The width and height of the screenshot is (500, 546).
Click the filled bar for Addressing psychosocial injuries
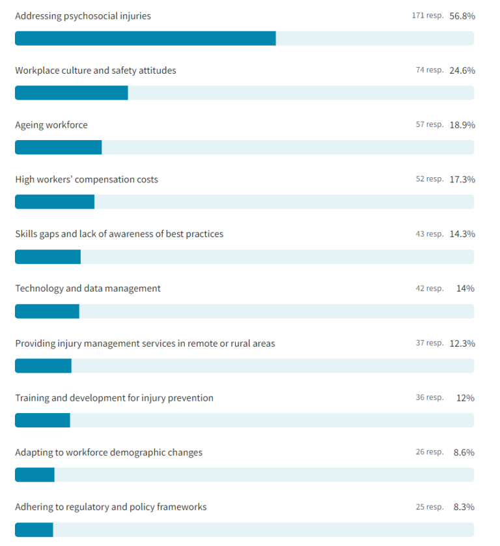click(x=145, y=38)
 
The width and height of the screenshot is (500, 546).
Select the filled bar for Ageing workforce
click(x=58, y=147)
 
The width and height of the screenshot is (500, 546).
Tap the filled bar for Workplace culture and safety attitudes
click(x=71, y=93)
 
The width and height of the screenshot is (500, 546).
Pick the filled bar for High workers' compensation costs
click(x=55, y=202)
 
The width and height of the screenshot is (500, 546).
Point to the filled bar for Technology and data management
click(x=47, y=311)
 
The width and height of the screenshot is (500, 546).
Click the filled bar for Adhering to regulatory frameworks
click(x=34, y=530)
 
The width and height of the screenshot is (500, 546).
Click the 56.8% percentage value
click(x=462, y=16)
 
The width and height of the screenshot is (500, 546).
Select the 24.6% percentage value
click(x=462, y=70)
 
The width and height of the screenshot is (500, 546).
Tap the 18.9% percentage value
click(x=462, y=124)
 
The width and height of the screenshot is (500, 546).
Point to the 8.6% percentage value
click(x=464, y=452)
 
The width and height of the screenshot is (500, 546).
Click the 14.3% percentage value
click(x=462, y=234)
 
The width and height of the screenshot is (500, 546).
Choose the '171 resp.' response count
click(x=427, y=16)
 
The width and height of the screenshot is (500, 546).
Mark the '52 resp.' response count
click(x=429, y=179)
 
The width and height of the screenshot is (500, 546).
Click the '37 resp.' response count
click(x=429, y=343)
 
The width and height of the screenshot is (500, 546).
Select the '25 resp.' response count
click(x=429, y=507)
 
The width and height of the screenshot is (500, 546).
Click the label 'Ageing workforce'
click(x=51, y=125)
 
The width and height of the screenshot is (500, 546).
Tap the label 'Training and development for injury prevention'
click(x=114, y=397)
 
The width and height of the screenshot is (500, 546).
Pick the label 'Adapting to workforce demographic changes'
click(x=109, y=452)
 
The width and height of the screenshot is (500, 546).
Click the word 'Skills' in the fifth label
click(x=27, y=234)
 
